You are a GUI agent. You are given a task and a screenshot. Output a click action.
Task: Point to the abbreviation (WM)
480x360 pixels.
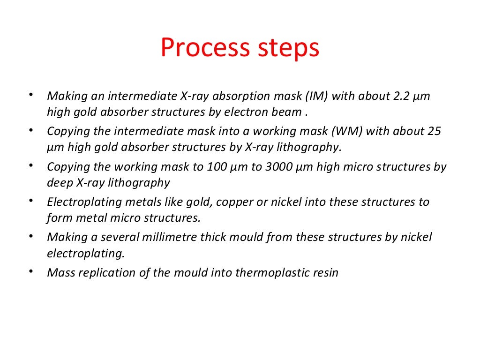point(348,131)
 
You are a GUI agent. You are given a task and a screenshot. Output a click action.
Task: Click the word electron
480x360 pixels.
point(244,112)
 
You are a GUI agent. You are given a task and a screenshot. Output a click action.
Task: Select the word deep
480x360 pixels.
point(60,182)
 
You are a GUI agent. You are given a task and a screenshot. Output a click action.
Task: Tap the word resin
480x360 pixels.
point(325,272)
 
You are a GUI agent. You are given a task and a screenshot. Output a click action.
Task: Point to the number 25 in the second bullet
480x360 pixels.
point(434,131)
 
